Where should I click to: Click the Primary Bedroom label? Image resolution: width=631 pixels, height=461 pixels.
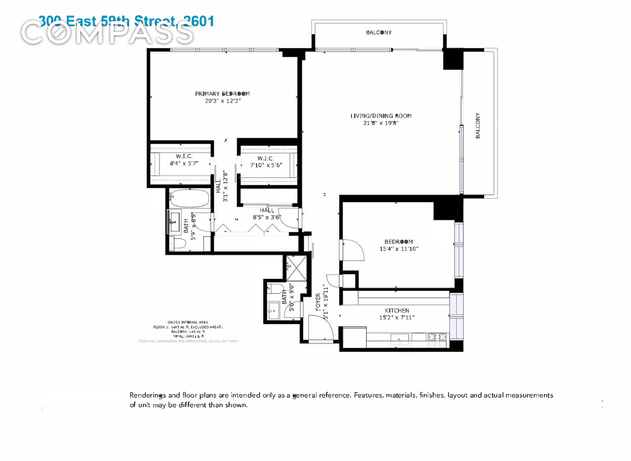tap(222, 94)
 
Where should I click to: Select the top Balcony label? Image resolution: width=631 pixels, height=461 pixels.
tap(379, 33)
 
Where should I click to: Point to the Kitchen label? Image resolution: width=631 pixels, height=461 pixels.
tap(397, 311)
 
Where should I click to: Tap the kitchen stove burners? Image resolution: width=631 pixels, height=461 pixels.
tap(437, 337)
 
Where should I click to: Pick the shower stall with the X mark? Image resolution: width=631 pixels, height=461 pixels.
tap(296, 268)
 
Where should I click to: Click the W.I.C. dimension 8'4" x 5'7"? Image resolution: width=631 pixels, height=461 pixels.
tap(184, 163)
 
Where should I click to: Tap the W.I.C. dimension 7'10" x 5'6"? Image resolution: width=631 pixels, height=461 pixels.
tap(266, 165)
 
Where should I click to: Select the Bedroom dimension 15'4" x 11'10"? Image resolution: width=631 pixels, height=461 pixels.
tap(399, 249)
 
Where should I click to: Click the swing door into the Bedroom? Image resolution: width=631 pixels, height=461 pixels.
tap(353, 250)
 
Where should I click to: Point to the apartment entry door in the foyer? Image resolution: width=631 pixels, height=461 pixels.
tap(321, 328)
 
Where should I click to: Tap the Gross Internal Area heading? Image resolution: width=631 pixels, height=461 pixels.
tap(188, 322)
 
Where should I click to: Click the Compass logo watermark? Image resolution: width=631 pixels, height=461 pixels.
tap(107, 33)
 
